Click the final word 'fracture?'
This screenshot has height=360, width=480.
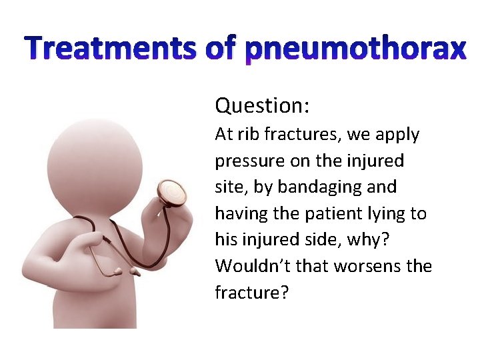click(251, 293)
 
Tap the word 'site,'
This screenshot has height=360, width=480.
click(227, 187)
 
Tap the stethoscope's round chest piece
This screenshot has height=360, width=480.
click(172, 193)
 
